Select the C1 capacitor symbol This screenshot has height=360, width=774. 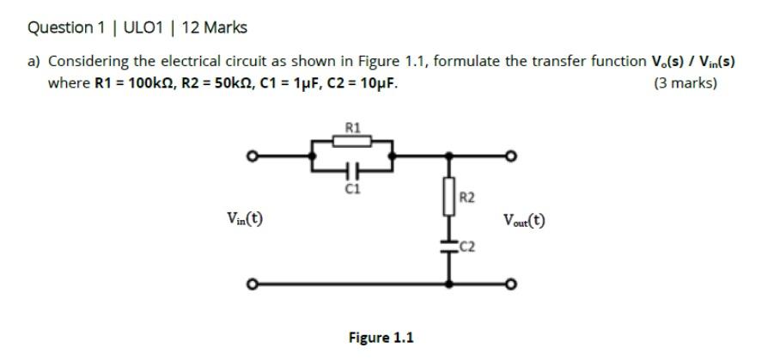[352, 169]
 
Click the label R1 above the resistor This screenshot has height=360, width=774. [352, 128]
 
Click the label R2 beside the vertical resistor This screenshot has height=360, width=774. [466, 198]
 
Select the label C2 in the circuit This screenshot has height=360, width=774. [466, 249]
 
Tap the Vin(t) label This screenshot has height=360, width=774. [245, 220]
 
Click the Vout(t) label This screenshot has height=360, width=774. [523, 220]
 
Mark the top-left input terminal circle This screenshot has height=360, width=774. [252, 157]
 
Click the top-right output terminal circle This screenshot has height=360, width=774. [509, 157]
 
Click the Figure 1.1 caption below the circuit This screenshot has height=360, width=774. [381, 337]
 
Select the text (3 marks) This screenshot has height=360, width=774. [685, 83]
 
